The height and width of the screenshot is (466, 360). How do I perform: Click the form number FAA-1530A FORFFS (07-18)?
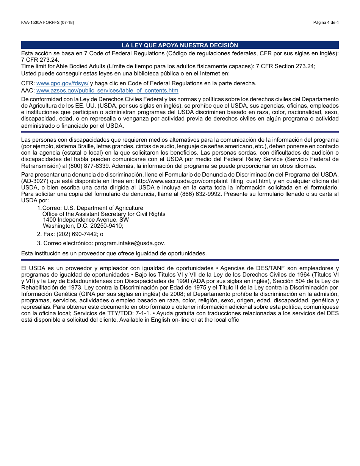[x=47, y=23]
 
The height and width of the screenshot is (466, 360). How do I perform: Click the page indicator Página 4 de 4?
[x=326, y=23]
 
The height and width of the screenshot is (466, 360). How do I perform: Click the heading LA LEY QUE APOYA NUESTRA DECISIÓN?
[x=180, y=45]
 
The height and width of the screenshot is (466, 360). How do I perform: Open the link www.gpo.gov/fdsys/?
[x=63, y=83]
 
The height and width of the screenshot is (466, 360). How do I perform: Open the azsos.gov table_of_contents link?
[x=107, y=91]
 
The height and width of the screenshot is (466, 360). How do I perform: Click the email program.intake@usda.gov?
[x=130, y=243]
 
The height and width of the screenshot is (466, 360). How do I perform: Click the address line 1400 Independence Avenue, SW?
[x=86, y=220]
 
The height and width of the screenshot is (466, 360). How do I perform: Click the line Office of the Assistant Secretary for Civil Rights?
[x=104, y=214]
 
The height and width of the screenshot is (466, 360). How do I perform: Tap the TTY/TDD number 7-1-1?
[x=144, y=313]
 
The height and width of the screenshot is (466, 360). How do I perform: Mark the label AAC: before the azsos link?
[x=28, y=91]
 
